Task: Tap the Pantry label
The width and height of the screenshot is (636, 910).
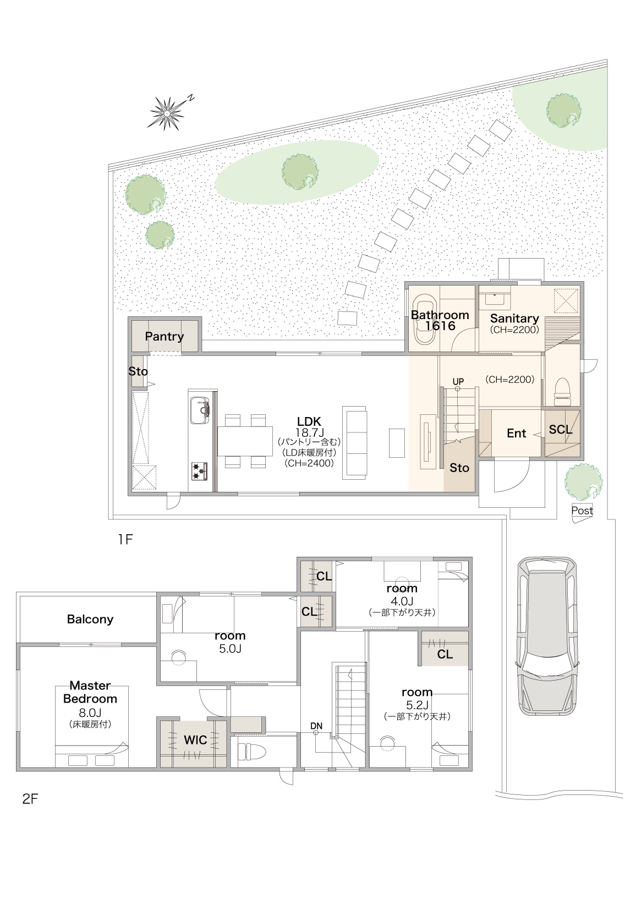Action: pyautogui.click(x=165, y=336)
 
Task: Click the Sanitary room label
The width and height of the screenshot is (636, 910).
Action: pyautogui.click(x=514, y=319)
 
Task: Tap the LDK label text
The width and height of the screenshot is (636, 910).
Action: pyautogui.click(x=309, y=421)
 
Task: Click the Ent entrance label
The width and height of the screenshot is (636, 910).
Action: pyautogui.click(x=516, y=434)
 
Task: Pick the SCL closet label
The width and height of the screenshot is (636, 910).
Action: pyautogui.click(x=561, y=429)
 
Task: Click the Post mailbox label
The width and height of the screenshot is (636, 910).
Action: pyautogui.click(x=582, y=511)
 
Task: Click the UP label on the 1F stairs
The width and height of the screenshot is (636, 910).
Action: pyautogui.click(x=458, y=381)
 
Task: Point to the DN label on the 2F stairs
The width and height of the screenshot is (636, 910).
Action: pyautogui.click(x=316, y=726)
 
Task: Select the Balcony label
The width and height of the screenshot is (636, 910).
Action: pyautogui.click(x=90, y=619)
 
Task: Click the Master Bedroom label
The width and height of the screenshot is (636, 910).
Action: pyautogui.click(x=90, y=692)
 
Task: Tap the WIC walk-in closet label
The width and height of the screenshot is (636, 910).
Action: pyautogui.click(x=195, y=740)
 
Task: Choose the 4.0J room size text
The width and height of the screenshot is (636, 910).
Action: pyautogui.click(x=402, y=601)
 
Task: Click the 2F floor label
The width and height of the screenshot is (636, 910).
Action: pyautogui.click(x=30, y=799)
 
